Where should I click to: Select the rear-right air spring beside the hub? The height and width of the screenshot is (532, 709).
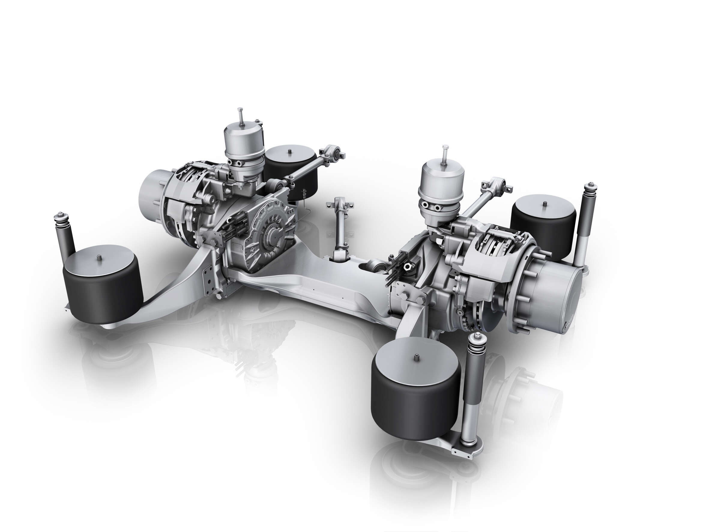[543, 225]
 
